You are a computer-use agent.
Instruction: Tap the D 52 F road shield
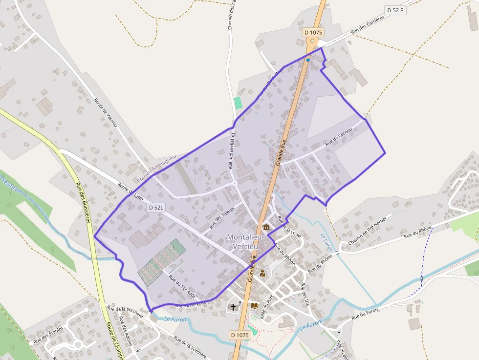point(395,10)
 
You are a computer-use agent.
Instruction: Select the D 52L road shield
point(156,208)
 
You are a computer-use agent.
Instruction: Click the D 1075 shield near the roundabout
point(313,32)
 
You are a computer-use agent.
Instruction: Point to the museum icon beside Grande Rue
point(266,228)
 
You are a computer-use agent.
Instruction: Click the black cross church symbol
point(233,307)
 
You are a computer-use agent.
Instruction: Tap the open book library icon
point(254,305)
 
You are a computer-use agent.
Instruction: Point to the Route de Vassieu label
point(106,113)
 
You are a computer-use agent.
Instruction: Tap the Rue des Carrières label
point(368,23)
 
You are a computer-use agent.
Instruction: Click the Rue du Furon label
point(365,314)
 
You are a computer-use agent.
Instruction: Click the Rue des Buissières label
point(83,203)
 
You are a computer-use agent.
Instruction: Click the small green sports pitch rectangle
point(238,103)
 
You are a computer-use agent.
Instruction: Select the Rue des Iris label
point(305,294)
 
